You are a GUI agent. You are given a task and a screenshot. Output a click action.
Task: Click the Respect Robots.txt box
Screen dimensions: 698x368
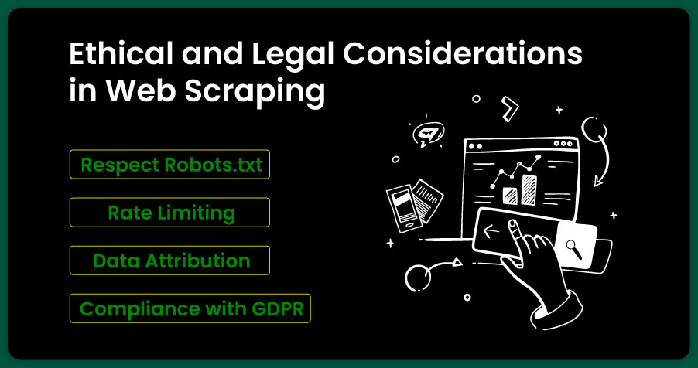point(169,164)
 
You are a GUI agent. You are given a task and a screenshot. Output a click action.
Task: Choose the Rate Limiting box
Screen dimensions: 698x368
point(169,213)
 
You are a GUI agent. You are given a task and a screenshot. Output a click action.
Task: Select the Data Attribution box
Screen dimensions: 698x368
point(169,261)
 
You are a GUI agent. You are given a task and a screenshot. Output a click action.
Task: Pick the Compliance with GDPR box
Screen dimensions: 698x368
point(190,308)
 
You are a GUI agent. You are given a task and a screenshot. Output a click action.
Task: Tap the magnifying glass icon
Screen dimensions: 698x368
point(574,249)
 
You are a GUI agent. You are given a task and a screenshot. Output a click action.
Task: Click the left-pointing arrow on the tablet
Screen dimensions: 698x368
point(491,231)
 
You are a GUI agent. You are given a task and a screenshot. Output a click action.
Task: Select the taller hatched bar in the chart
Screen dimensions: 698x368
point(529,190)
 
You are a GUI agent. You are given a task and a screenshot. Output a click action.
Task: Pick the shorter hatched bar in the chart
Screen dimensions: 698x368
point(510,196)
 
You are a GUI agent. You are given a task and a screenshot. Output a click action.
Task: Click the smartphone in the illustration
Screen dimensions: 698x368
point(404,208)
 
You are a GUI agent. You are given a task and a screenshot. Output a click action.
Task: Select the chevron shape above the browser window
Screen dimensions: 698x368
point(509,108)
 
